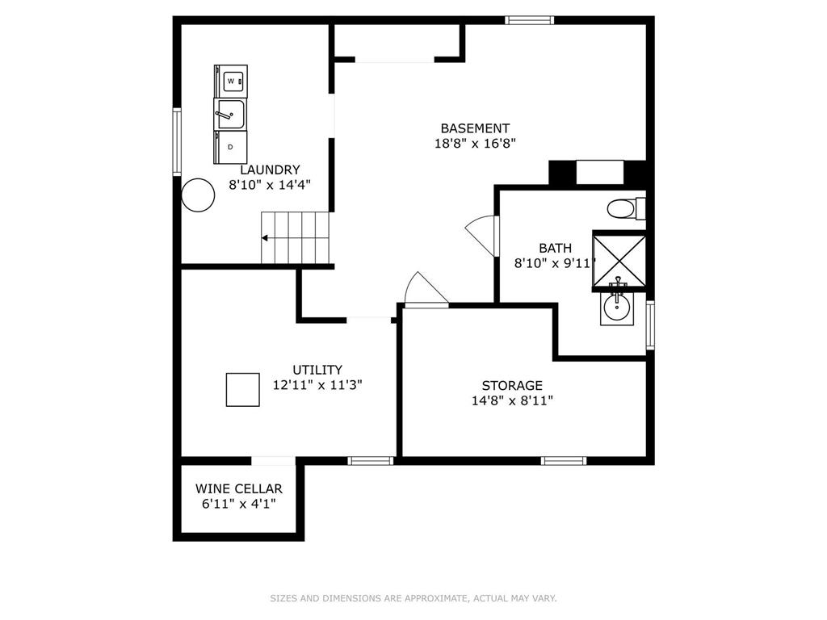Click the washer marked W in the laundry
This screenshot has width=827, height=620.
tap(232, 82)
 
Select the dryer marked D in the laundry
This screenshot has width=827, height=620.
tap(230, 146)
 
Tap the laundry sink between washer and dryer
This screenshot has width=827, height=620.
tap(229, 114)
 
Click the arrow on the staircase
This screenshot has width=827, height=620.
tap(266, 238)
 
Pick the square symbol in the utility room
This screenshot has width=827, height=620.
tap(242, 390)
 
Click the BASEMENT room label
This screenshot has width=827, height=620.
tap(475, 128)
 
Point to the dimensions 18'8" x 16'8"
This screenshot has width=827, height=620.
tap(475, 144)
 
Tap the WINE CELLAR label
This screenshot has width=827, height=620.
tap(239, 488)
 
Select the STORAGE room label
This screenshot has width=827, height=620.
tap(512, 385)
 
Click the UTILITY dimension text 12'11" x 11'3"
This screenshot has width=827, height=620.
tap(317, 385)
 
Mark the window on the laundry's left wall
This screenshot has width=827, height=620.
tap(176, 141)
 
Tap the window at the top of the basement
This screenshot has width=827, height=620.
tap(530, 19)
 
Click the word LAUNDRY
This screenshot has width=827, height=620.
tap(270, 170)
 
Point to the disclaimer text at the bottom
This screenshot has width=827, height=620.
tap(413, 598)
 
